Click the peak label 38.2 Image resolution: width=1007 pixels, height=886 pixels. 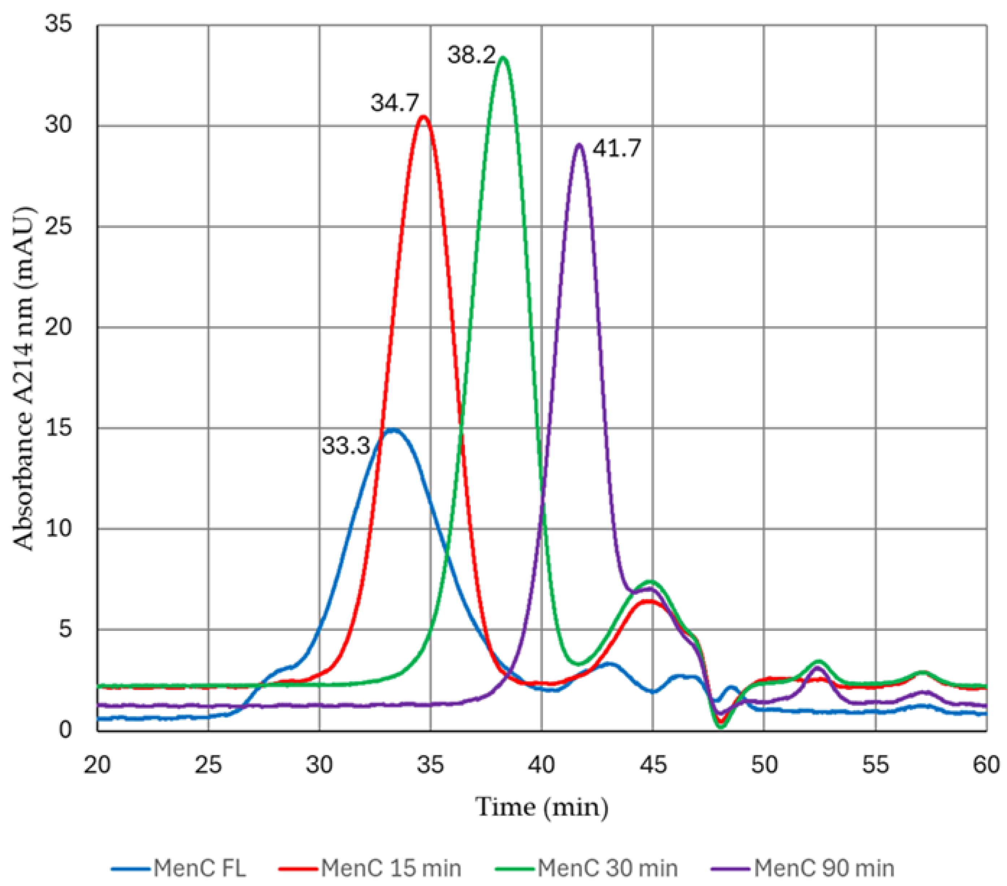472,55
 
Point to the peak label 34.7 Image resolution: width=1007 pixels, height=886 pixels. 395,103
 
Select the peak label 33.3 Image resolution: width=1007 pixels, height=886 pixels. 346,446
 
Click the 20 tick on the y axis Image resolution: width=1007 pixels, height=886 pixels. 58,327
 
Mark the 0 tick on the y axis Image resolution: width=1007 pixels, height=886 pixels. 65,729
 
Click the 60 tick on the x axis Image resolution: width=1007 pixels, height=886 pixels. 986,765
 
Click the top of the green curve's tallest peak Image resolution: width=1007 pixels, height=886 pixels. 503,58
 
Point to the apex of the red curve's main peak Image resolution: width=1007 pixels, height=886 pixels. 424,116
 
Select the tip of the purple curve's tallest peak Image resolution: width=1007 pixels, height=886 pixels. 580,145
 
